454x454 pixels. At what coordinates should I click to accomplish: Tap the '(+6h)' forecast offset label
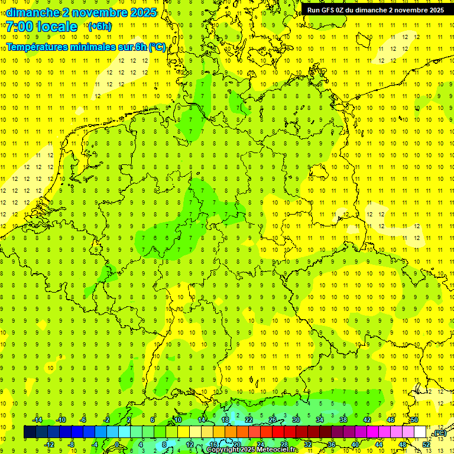click(x=99, y=27)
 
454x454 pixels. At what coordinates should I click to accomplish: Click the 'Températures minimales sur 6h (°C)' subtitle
click(x=86, y=47)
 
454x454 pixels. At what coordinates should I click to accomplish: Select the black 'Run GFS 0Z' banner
click(x=376, y=10)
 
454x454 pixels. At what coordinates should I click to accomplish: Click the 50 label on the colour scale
click(x=414, y=420)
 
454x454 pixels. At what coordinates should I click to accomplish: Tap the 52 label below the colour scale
click(x=426, y=445)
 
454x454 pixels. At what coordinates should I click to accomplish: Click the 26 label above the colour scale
click(x=273, y=420)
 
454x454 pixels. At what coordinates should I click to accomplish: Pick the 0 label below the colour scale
click(x=118, y=445)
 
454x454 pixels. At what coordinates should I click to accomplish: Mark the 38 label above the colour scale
click(x=343, y=420)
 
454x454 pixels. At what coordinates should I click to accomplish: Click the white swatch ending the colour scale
click(x=420, y=432)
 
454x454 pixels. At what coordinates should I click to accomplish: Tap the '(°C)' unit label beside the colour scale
click(x=439, y=433)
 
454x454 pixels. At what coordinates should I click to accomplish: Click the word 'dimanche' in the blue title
click(x=32, y=12)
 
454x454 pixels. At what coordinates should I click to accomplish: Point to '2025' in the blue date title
click(x=142, y=12)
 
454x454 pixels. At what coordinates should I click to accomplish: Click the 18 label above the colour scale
click(x=225, y=420)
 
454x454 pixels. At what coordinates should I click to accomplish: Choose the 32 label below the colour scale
click(x=308, y=445)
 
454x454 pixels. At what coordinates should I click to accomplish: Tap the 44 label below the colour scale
click(x=379, y=445)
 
